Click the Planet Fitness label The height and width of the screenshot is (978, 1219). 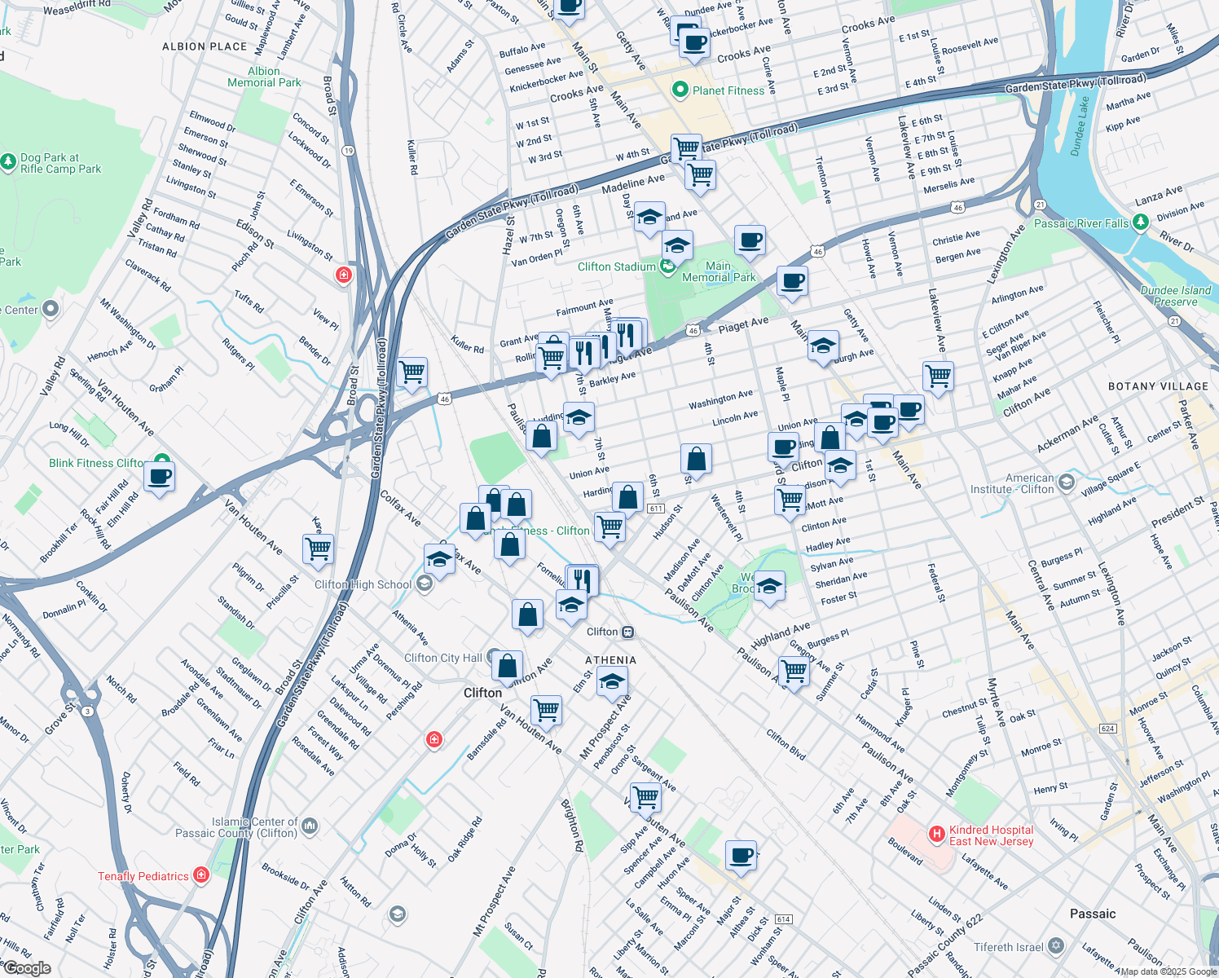728,90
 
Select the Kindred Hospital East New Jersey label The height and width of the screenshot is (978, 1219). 991,835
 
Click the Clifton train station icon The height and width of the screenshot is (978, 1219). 627,632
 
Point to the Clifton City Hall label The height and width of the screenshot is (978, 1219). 443,658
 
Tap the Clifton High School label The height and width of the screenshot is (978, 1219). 363,584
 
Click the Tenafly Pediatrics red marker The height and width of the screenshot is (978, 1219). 201,875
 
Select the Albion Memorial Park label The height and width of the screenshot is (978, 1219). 264,77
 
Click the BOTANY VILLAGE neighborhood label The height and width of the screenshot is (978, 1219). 1158,386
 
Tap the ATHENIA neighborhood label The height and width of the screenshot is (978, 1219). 610,660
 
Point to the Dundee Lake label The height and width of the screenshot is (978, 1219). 1080,126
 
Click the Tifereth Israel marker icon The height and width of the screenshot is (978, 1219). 1056,946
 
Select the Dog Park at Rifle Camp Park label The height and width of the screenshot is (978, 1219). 60,163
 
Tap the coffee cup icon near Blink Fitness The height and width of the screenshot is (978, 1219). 160,477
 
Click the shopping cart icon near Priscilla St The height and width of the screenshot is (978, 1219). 318,548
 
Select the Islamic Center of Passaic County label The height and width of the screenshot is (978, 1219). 236,827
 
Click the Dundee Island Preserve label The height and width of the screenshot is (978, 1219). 1175,296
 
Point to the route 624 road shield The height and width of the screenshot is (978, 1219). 1107,728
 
